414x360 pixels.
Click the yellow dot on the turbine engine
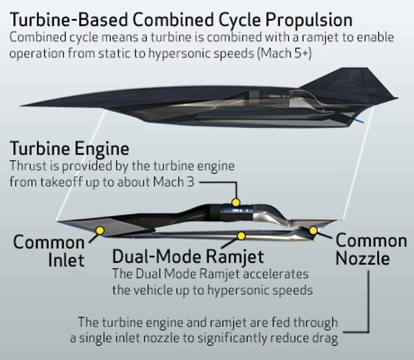pos(235,202)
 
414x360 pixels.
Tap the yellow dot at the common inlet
pos(100,230)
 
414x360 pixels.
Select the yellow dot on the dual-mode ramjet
pos(241,236)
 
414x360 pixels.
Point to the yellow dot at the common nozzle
pos(313,230)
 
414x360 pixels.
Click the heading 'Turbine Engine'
pos(69,148)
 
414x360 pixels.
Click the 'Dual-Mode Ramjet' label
pos(188,257)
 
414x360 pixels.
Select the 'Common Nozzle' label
pos(370,249)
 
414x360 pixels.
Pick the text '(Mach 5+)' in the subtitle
pos(285,53)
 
